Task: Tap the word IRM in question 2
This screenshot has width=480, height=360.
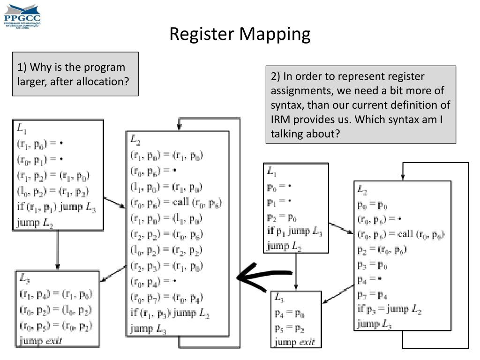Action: tap(281, 119)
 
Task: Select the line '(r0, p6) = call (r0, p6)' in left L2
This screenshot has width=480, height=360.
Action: tap(176, 202)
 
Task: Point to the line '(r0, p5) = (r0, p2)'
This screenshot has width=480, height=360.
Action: tap(56, 325)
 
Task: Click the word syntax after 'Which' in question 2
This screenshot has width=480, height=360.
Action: tap(419, 119)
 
